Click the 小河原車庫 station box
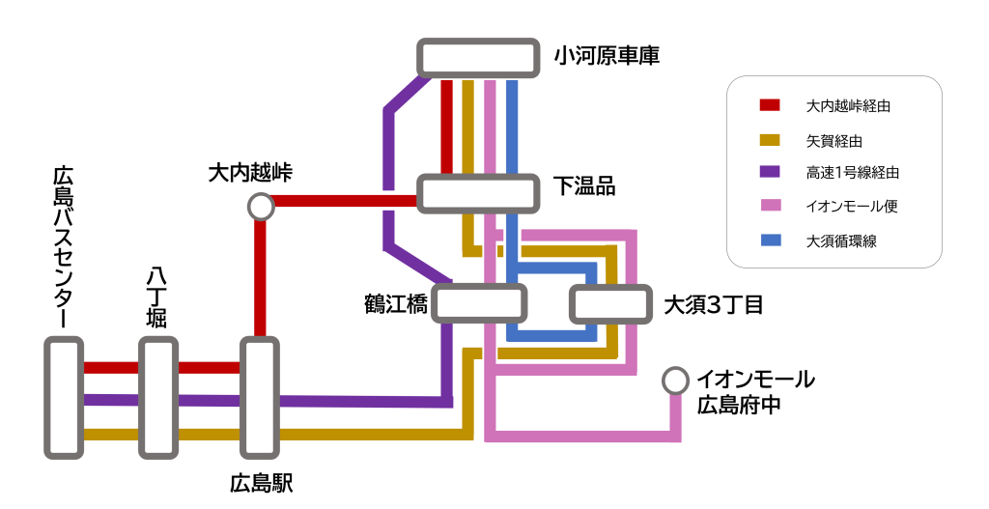point(478,59)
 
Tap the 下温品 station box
point(478,193)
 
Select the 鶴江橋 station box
point(479,303)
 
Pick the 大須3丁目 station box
point(610,304)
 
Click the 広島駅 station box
point(260,398)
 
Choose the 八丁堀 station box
point(158,398)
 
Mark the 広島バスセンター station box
point(64,398)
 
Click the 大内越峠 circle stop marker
point(261,207)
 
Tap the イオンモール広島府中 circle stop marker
point(675,381)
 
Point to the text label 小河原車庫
point(607,56)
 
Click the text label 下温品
point(584,186)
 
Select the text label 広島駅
point(261,484)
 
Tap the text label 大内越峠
point(250,172)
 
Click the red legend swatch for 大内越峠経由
point(770,105)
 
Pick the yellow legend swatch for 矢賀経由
point(770,140)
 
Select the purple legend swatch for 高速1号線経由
point(770,172)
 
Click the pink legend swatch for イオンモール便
point(770,205)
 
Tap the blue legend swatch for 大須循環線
point(770,240)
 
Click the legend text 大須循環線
point(841,240)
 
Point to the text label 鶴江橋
point(396,304)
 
